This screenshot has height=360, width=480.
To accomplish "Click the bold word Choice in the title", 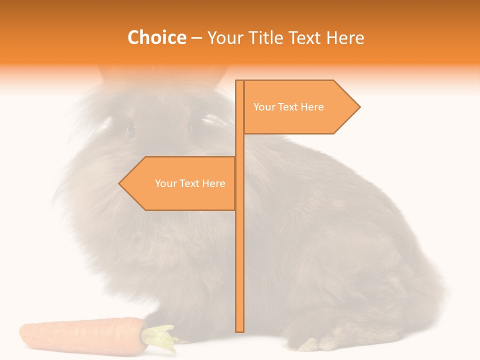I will pos(156,38).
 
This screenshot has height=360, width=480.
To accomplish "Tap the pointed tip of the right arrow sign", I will pos(358,106).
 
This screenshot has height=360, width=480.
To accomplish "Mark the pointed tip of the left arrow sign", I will pos(120,183).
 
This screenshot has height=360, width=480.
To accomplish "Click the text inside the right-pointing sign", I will pos(288,107).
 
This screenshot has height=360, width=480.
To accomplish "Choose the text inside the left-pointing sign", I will pos(190,183).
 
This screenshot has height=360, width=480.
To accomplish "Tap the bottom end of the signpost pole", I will pos(239,330).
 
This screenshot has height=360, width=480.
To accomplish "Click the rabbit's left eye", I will pos(131,130).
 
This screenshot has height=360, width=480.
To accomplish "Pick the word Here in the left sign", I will pos(213,183).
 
